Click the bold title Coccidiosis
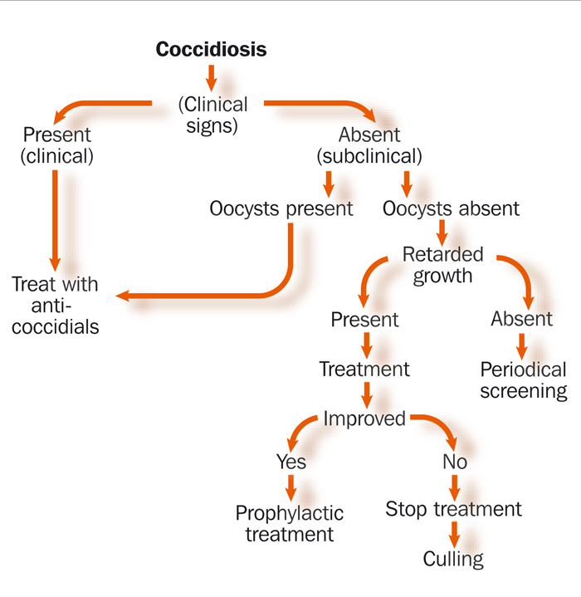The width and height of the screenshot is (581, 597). click(212, 50)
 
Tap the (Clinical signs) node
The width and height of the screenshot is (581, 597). click(213, 115)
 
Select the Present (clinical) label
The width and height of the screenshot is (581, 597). click(58, 144)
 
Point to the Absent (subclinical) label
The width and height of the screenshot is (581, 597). click(369, 144)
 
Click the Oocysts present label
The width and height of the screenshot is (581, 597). click(281, 208)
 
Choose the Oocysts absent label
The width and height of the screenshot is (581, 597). click(451, 208)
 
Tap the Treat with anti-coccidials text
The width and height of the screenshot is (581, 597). click(55, 305)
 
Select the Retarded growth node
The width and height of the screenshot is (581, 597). click(442, 264)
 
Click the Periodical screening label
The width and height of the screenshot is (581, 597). click(523, 380)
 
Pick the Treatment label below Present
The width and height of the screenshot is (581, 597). click(364, 369)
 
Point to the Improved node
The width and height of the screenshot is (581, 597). click(364, 419)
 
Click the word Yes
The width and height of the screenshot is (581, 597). click(291, 461)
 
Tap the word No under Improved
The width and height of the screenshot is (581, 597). click(455, 461)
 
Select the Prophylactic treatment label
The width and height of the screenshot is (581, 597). click(289, 523)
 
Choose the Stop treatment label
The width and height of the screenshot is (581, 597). click(453, 509)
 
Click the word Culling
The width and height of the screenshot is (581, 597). click(453, 559)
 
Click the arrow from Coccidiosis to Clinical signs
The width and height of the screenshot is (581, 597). click(211, 79)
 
